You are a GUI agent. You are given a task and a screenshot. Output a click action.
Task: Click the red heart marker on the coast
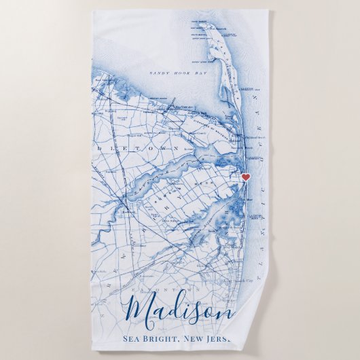click(x=246, y=177)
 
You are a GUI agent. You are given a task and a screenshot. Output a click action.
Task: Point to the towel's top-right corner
click(x=267, y=12)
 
